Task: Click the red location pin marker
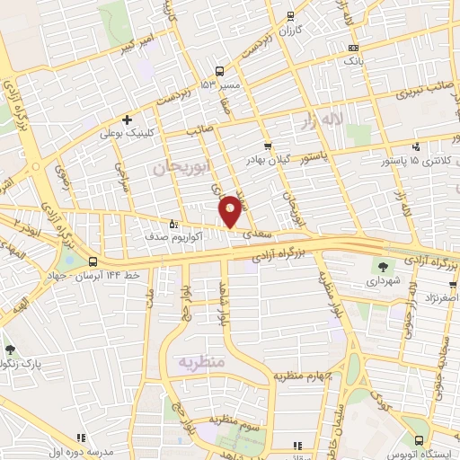230,210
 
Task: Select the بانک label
354,62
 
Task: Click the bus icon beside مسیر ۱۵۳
219,71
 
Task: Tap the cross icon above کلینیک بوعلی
128,119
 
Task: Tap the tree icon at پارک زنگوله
10,349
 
